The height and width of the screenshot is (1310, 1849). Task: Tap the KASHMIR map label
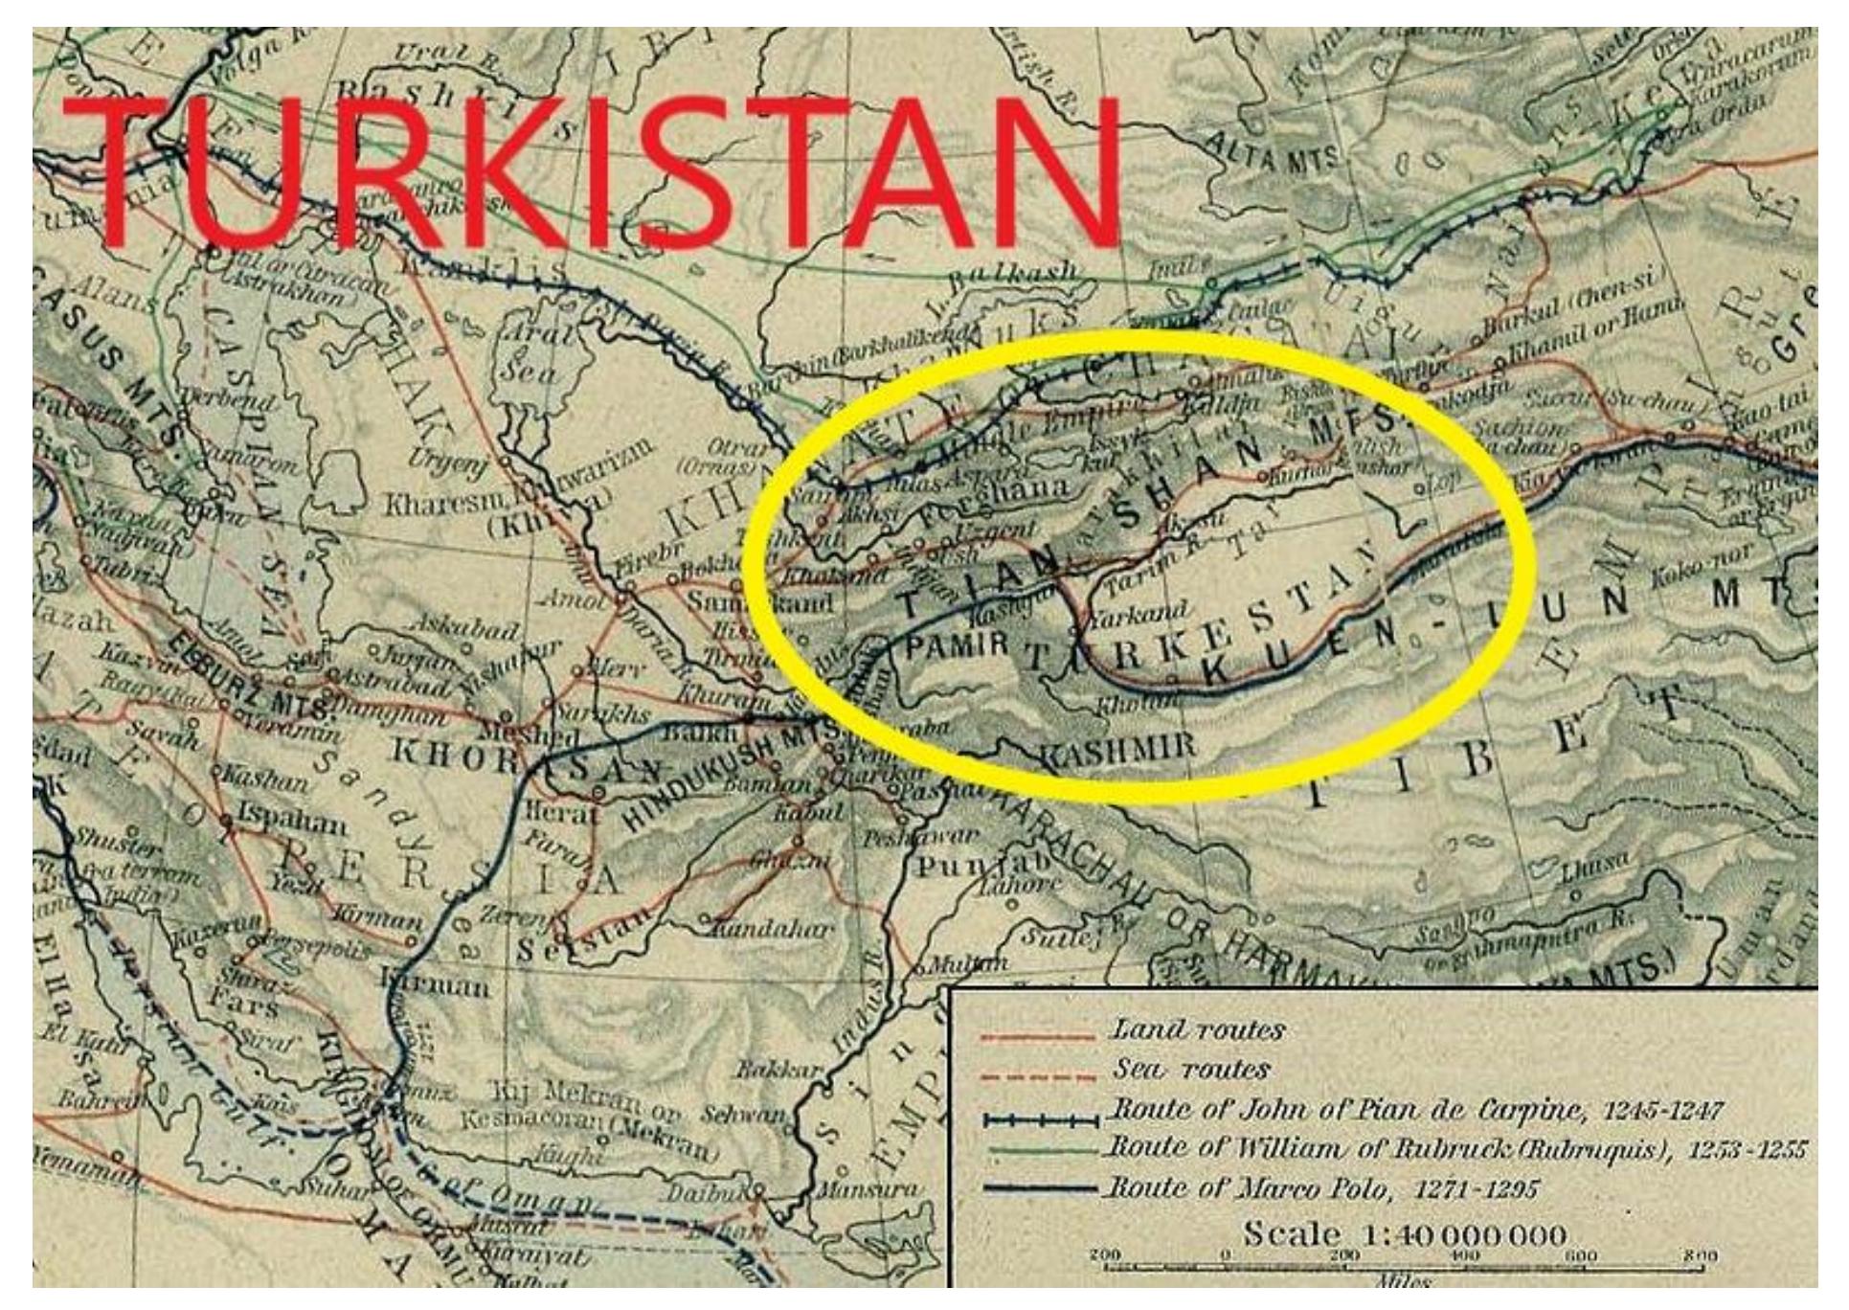[x=1117, y=746]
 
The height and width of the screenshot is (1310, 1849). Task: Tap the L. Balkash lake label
[x=1014, y=276]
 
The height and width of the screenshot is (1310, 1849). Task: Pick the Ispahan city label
[x=292, y=822]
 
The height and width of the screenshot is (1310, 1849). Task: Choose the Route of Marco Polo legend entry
[x=1322, y=1190]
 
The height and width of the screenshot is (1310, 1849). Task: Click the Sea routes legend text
[x=1190, y=1069]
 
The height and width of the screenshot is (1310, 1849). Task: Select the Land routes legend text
[x=1196, y=1030]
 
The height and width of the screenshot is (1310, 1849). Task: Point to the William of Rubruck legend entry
[x=1455, y=1147]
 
